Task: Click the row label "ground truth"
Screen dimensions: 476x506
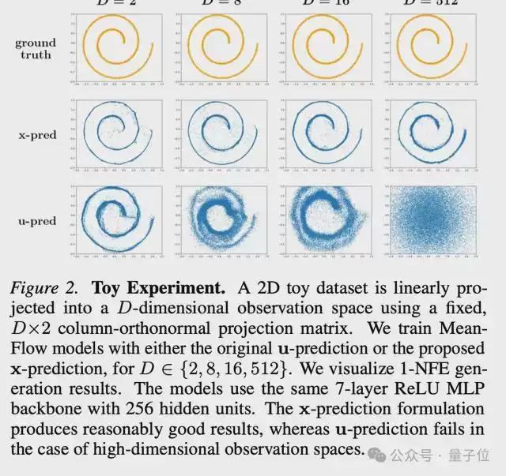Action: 35,48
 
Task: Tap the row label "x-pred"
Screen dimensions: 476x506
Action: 36,135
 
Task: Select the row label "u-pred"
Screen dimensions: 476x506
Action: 36,221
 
